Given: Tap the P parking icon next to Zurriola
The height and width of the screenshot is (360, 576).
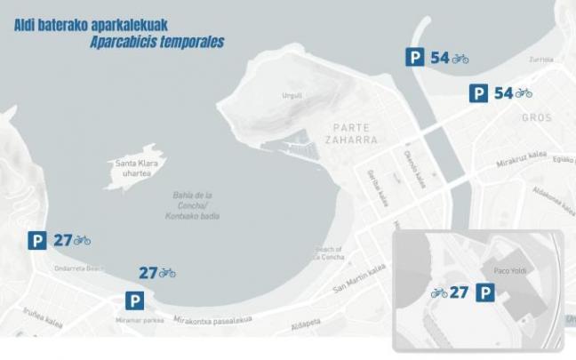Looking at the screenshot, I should tap(414, 58).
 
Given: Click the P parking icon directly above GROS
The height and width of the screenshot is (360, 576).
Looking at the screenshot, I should tap(478, 92).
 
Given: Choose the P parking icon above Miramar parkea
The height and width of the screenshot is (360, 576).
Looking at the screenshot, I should tap(133, 300).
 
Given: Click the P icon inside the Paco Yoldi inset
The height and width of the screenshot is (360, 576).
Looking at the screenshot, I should tap(486, 292).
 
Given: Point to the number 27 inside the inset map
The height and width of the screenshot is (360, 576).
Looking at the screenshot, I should tap(460, 292).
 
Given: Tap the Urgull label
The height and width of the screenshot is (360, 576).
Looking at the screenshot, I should tap(292, 95).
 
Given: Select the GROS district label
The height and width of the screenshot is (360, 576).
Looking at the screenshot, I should tap(537, 117).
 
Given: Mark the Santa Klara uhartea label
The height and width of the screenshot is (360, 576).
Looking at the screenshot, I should tap(136, 168).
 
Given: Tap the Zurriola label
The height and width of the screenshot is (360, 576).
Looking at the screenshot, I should tap(540, 60).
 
